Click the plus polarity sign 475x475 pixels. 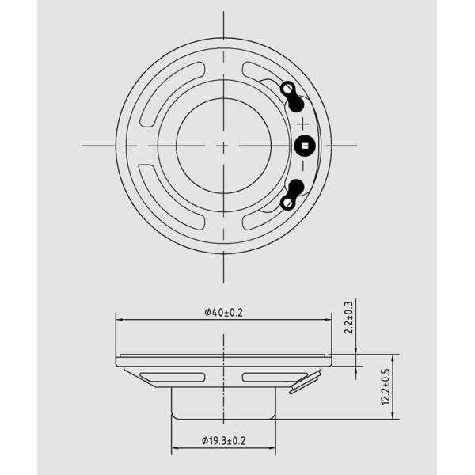point(302,124)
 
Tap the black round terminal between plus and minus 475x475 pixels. point(305,146)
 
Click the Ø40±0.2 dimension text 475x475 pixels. point(223,312)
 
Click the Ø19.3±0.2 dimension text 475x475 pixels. point(223,439)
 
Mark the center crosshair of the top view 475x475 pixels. point(223,146)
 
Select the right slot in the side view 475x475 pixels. point(274,377)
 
